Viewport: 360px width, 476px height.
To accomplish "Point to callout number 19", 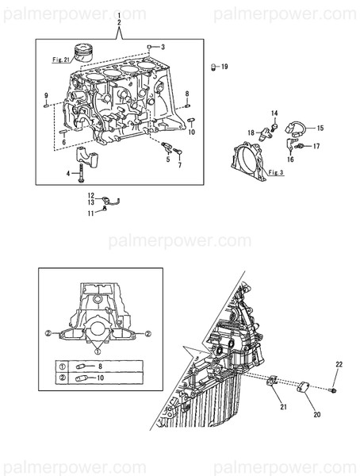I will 224,67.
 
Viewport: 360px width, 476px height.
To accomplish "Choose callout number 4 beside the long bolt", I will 69,173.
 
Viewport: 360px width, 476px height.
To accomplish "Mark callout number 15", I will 320,127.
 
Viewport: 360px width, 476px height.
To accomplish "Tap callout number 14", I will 274,114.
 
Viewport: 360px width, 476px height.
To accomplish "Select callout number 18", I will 250,132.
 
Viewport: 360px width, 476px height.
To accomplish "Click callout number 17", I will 315,146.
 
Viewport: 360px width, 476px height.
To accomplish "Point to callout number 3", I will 163,48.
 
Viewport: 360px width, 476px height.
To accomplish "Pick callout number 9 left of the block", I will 45,96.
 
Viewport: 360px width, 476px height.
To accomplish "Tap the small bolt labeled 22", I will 334,390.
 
